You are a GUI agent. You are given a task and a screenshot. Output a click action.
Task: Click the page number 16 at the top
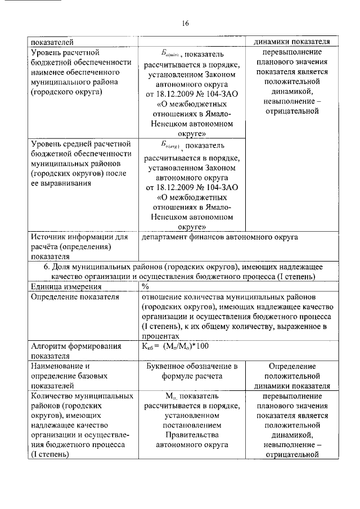point(185,24)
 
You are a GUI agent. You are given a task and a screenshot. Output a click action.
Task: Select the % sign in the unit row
point(145,286)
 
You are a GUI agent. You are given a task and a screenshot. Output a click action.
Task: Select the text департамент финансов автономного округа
point(219,237)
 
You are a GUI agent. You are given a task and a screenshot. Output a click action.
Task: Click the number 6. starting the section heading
point(48,266)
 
